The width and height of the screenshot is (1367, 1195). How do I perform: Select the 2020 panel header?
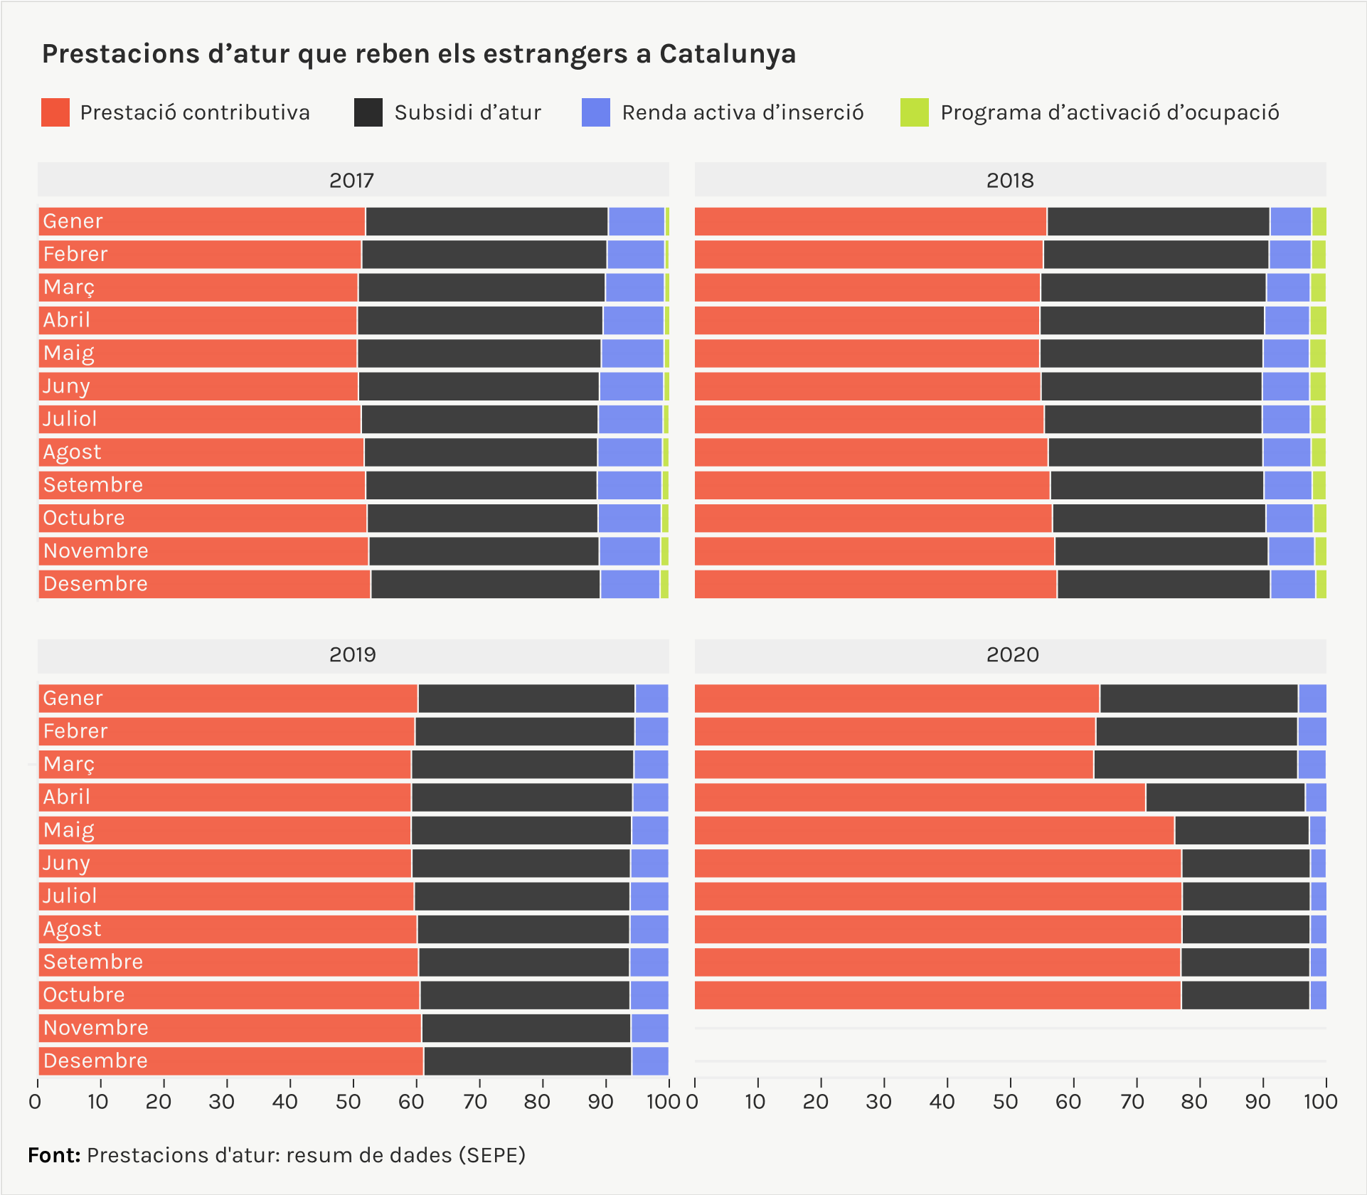coord(1011,654)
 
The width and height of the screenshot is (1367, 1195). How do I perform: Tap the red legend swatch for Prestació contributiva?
coord(55,112)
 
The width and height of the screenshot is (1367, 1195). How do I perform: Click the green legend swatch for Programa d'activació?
coord(914,112)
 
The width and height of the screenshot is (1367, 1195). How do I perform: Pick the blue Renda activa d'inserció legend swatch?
coord(595,112)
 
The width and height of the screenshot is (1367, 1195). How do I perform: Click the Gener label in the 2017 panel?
coord(73,221)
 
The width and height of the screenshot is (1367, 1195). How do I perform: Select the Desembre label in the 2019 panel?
coord(95,1061)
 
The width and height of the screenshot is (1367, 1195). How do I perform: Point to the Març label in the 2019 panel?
coord(69,764)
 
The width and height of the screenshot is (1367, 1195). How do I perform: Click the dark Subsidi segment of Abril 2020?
coord(1225,797)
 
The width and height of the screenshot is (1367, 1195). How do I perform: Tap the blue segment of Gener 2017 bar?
coord(636,221)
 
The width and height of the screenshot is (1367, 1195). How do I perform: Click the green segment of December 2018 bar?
coord(1321,584)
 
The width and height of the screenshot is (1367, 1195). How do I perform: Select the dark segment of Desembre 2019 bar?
coord(527,1061)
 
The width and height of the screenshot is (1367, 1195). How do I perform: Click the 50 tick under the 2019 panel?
coord(349,1102)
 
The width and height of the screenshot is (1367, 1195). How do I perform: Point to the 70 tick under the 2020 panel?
coord(1131,1102)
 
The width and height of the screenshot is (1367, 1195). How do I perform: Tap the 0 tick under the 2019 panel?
coord(36,1102)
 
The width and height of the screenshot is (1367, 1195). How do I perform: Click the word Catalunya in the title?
coord(727,54)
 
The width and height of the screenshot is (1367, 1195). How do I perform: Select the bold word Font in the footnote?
coord(53,1154)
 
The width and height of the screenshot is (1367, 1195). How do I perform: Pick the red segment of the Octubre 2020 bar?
coord(937,995)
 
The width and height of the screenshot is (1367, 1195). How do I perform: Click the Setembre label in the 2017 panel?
coord(93,485)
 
